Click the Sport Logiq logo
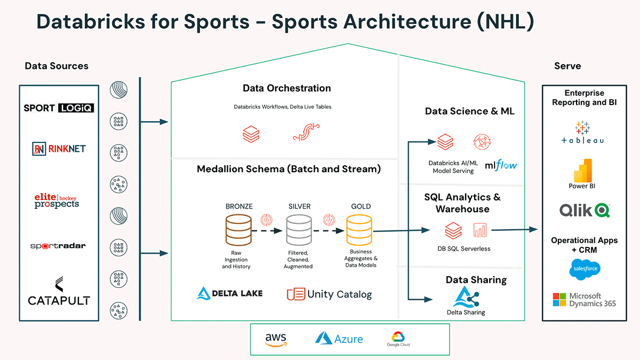click(x=59, y=108)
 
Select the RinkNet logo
click(x=59, y=149)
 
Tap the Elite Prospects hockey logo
click(x=57, y=201)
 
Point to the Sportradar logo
click(x=58, y=246)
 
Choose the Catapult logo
click(x=59, y=292)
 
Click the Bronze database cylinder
click(x=239, y=229)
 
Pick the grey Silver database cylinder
click(x=299, y=229)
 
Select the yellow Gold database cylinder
click(x=359, y=229)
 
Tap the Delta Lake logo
click(x=230, y=293)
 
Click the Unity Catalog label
click(x=329, y=294)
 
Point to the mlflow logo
click(x=501, y=166)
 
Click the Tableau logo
click(x=582, y=133)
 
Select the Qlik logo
click(x=585, y=210)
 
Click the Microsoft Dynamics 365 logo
click(x=585, y=300)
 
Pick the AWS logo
click(x=275, y=339)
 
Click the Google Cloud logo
click(x=398, y=339)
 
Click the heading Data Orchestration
click(x=287, y=89)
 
